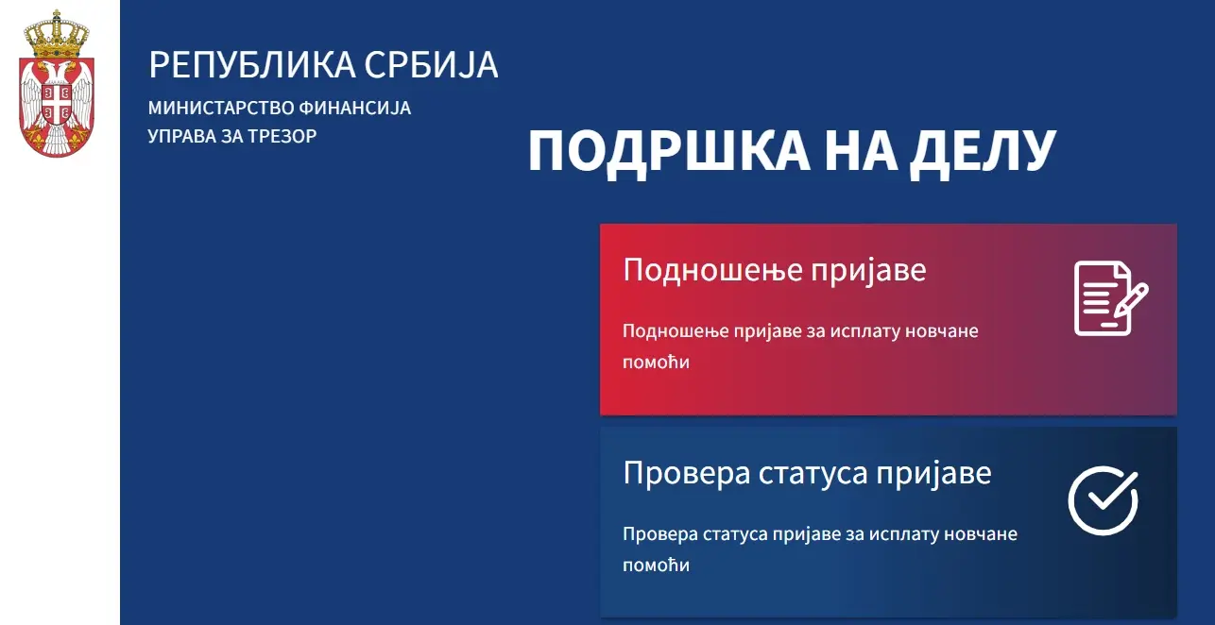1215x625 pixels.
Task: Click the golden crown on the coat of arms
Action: pos(57,34)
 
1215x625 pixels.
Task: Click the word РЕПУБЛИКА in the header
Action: pos(252,65)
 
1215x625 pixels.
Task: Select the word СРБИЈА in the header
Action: pos(431,65)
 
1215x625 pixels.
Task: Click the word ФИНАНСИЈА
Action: pos(354,108)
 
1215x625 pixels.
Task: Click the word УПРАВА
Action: pos(181,136)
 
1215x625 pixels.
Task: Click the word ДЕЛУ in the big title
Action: pos(983,151)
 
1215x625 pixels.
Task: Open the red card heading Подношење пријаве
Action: pos(775,269)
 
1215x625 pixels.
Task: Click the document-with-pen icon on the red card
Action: pos(1111,298)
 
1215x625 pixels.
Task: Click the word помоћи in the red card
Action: pos(656,363)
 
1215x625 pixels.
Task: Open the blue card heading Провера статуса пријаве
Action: pos(807,473)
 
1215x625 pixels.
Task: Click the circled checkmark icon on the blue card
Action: pos(1104,500)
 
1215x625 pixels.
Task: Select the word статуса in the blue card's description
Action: pos(734,534)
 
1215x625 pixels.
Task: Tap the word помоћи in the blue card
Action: pos(656,566)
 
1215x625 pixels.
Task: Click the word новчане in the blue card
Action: pos(981,534)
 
